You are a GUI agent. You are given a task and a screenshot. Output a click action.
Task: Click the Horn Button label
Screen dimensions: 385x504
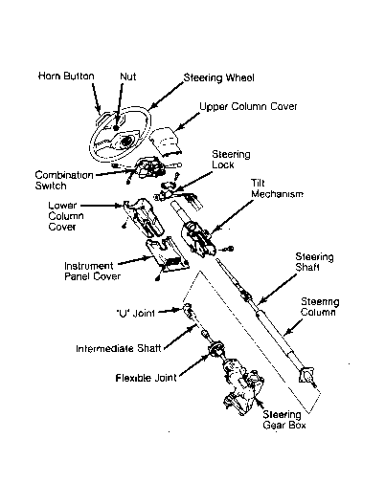(66, 77)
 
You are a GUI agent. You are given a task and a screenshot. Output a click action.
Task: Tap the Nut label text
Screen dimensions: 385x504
(127, 77)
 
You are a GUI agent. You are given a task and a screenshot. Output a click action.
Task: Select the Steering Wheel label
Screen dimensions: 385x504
(219, 77)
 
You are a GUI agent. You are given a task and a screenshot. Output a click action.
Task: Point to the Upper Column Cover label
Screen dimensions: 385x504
(248, 106)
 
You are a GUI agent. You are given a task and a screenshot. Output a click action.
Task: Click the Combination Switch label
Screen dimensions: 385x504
(64, 181)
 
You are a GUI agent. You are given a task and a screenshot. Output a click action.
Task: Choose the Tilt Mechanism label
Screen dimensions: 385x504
(277, 188)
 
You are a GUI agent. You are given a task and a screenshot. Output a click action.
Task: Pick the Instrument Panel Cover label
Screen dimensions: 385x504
(92, 271)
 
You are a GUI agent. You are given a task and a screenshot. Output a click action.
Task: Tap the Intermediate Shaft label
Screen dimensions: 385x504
(119, 348)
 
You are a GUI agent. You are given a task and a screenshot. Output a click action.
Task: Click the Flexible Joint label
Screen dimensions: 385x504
(147, 378)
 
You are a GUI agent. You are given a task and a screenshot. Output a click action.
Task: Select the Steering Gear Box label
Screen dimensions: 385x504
(283, 420)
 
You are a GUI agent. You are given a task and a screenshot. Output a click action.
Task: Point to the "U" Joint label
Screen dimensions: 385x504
(136, 313)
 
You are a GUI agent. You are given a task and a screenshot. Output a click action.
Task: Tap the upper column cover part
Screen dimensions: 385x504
(165, 142)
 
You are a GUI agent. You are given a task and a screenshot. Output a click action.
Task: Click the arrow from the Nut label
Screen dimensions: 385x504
(119, 106)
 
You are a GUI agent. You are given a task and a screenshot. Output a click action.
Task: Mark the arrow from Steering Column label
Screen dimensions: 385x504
(293, 327)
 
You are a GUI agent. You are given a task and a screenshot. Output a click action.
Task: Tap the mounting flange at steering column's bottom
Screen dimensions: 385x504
(306, 375)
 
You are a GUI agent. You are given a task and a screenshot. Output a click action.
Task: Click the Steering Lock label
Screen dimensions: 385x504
(231, 160)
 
